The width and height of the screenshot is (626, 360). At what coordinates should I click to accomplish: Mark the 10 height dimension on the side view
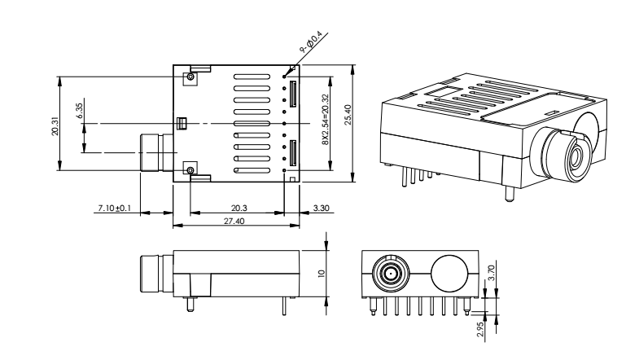click(322, 274)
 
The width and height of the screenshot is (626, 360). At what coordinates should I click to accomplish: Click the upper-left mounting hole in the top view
click(190, 77)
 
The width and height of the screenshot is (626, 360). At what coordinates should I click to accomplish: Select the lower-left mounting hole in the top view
click(190, 170)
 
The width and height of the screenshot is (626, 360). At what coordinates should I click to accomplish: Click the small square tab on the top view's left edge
click(182, 123)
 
